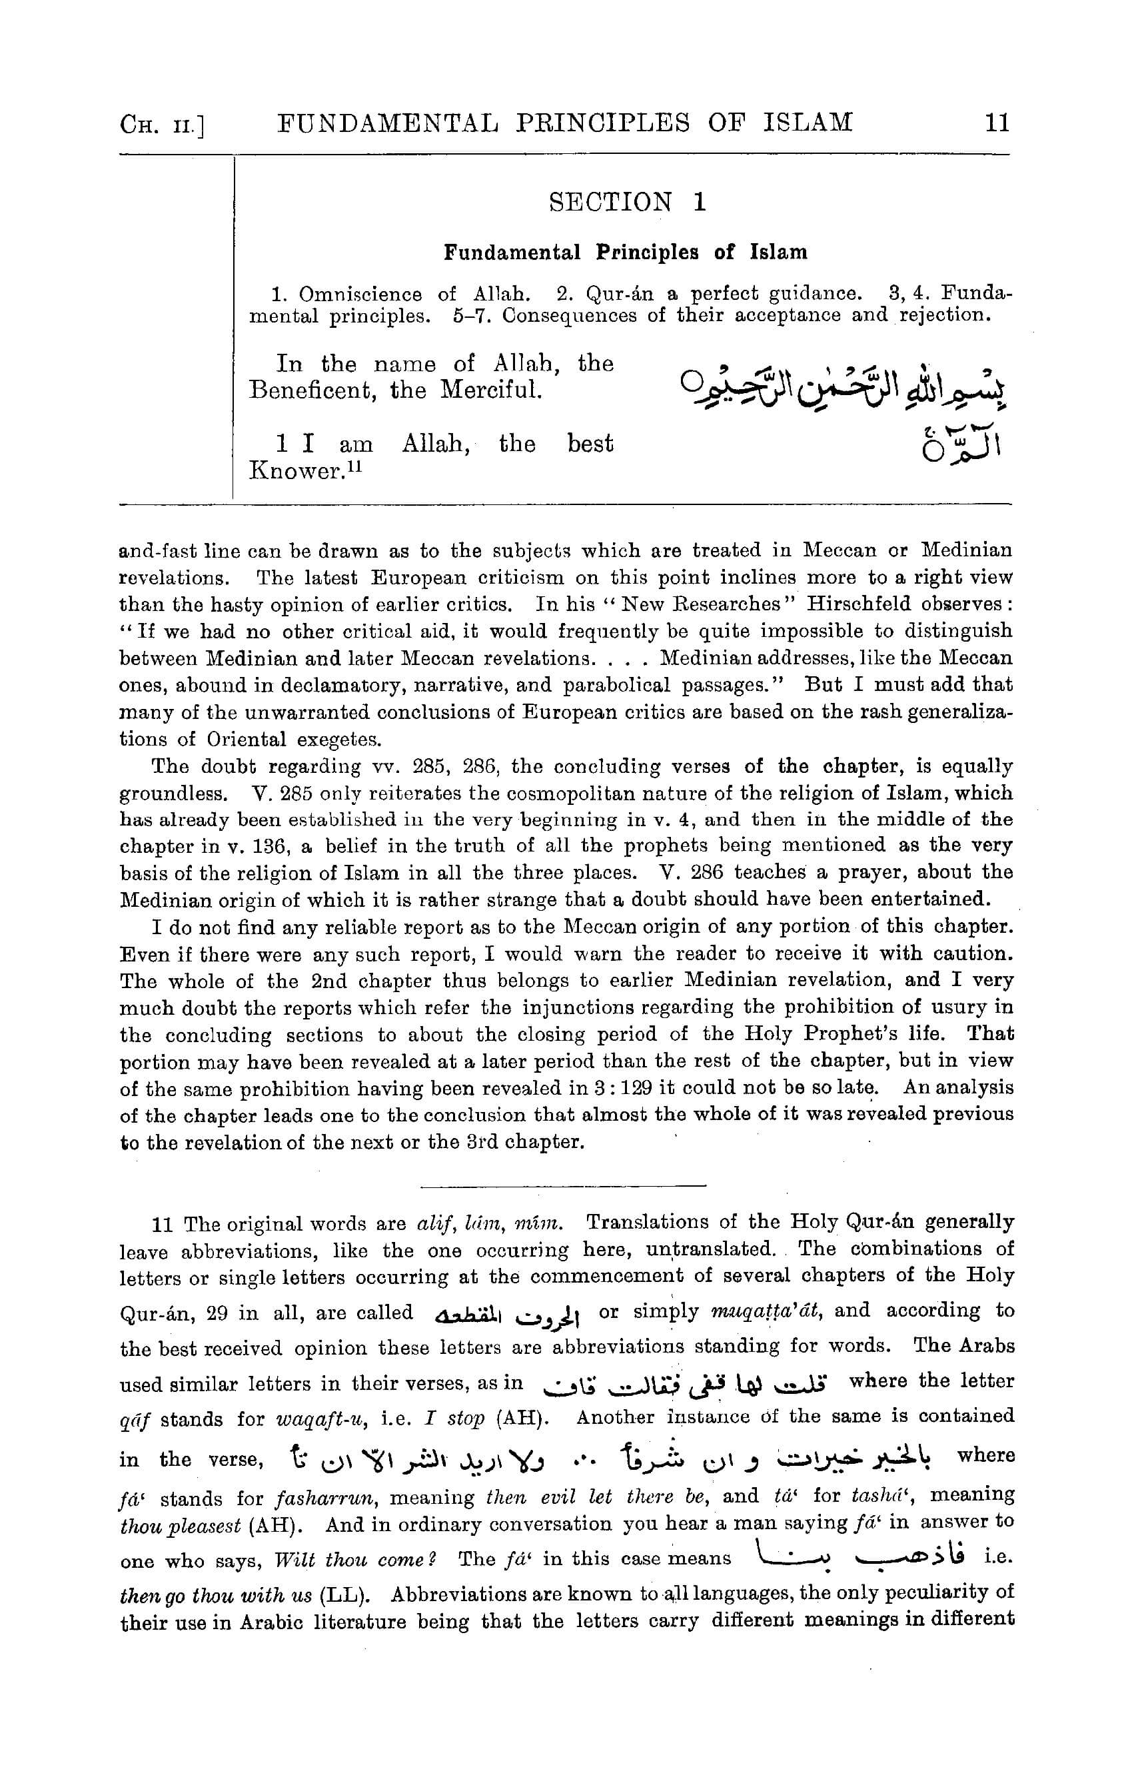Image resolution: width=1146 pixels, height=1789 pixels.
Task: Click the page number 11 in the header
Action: tap(997, 122)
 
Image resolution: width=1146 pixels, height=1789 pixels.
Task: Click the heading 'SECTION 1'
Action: tap(626, 202)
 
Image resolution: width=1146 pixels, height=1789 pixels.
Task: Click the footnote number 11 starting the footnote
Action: tap(162, 1224)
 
